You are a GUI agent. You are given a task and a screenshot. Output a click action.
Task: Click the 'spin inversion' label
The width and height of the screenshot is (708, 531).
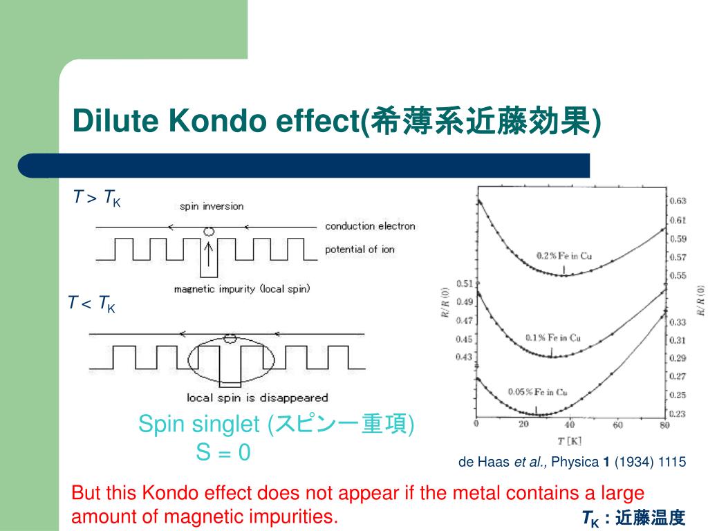pos(212,206)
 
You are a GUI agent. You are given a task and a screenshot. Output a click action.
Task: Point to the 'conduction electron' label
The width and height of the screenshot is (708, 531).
pos(370,226)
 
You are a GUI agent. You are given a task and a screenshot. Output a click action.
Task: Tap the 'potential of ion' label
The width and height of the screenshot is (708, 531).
pos(360,249)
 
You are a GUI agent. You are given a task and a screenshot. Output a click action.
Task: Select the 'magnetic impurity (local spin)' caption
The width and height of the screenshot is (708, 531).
pos(242,289)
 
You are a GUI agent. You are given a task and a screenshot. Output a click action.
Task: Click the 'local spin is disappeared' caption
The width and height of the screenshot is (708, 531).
pos(257,398)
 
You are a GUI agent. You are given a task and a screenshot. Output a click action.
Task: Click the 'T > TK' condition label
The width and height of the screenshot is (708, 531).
pos(97,198)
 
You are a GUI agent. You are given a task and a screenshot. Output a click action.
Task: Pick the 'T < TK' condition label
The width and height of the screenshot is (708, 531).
pos(91,304)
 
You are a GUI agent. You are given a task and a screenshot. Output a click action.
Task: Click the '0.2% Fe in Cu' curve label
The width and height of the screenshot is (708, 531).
pos(563,256)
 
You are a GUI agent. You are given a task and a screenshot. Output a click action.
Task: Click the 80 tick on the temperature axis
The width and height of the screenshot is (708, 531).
pos(664,425)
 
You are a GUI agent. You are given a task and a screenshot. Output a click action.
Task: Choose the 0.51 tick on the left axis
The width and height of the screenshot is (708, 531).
pos(463,283)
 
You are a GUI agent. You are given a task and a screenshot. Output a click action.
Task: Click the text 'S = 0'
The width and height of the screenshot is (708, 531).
pos(223,453)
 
